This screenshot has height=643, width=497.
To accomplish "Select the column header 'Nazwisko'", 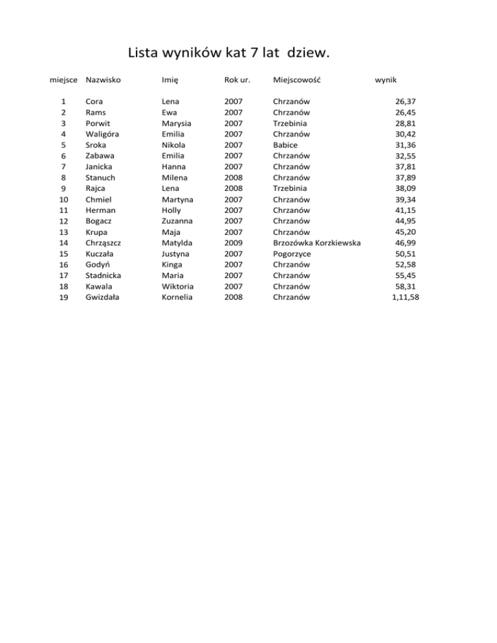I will pyautogui.click(x=104, y=80).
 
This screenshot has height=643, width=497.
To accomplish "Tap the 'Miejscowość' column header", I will pyautogui.click(x=298, y=80).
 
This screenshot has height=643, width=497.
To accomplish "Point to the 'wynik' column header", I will pyautogui.click(x=386, y=80).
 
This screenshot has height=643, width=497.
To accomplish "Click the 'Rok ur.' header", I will pyautogui.click(x=237, y=80).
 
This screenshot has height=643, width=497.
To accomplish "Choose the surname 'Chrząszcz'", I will pyautogui.click(x=105, y=243).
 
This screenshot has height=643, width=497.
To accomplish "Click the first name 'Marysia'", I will pyautogui.click(x=177, y=123).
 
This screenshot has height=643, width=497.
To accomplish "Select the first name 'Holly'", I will pyautogui.click(x=172, y=210).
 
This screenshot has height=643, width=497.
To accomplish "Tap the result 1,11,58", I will pyautogui.click(x=405, y=297).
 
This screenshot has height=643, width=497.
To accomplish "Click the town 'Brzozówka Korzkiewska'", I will pyautogui.click(x=317, y=243).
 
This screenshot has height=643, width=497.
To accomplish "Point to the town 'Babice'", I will pyautogui.click(x=285, y=145).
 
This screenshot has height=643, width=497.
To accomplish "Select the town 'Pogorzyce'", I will pyautogui.click(x=292, y=254).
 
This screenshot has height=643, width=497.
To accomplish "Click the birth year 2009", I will pyautogui.click(x=234, y=243).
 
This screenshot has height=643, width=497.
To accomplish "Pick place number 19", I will pyautogui.click(x=63, y=298).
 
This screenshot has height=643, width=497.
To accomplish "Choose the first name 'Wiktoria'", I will pyautogui.click(x=177, y=286).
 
